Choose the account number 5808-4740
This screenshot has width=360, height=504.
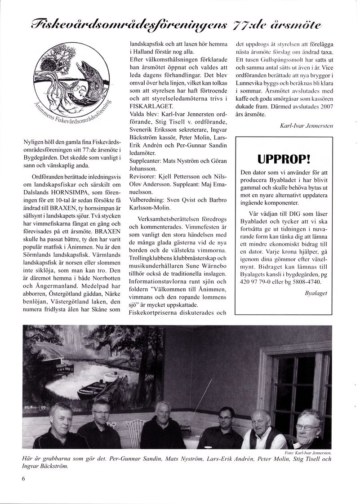tap(308, 281)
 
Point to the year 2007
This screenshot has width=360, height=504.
tap(324, 107)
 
